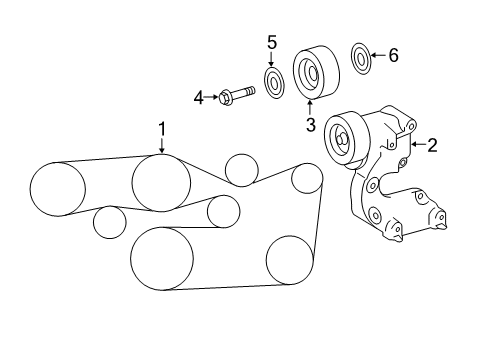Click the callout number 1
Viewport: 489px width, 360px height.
pyautogui.click(x=162, y=129)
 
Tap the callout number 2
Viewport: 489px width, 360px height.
pyautogui.click(x=432, y=145)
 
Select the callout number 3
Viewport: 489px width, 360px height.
pyautogui.click(x=311, y=125)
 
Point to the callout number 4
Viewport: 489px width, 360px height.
pyautogui.click(x=199, y=98)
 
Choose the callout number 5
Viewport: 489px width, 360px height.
pyautogui.click(x=272, y=43)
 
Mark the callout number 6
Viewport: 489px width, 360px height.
pyautogui.click(x=393, y=55)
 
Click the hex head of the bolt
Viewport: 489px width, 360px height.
pyautogui.click(x=225, y=97)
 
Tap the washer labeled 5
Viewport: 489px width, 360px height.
pyautogui.click(x=275, y=83)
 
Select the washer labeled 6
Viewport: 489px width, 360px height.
pyautogui.click(x=361, y=58)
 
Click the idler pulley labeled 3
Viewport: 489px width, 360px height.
pyautogui.click(x=316, y=72)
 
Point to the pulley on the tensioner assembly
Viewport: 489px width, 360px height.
pyautogui.click(x=347, y=140)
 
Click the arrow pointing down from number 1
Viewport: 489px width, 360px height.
pyautogui.click(x=162, y=145)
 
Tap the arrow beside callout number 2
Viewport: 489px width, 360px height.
pyautogui.click(x=418, y=144)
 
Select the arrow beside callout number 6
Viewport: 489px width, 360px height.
pyautogui.click(x=379, y=55)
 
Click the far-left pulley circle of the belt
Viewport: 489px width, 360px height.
pyautogui.click(x=58, y=189)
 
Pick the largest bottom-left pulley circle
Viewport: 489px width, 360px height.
pyautogui.click(x=162, y=259)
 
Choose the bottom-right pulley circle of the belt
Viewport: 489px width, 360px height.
pyautogui.click(x=290, y=260)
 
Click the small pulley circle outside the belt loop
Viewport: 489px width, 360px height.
pyautogui.click(x=110, y=222)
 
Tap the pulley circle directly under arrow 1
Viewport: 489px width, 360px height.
pyautogui.click(x=162, y=182)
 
